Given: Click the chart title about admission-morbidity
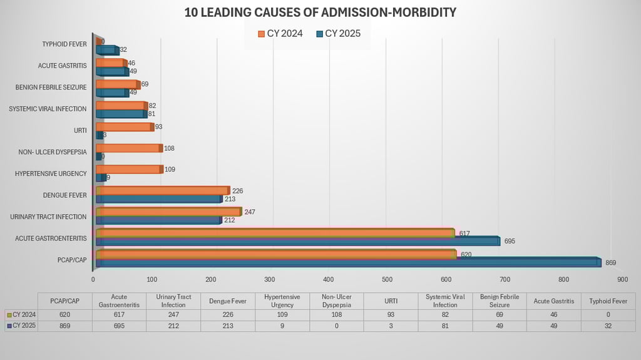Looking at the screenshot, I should tap(320, 13).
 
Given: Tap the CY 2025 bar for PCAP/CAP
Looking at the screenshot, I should tap(348, 263).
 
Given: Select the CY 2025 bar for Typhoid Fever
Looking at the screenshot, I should tap(106, 50).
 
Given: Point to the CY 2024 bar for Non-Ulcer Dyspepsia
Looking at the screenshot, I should tap(128, 148).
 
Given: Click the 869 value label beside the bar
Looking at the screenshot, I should tap(610, 263).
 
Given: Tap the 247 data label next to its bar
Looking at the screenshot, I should tap(249, 212).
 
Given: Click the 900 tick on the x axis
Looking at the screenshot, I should tap(622, 279).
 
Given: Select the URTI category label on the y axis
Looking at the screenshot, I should tap(80, 130).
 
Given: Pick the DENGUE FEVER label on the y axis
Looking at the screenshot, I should tap(65, 195).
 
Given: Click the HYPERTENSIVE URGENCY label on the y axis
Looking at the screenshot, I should tap(51, 173).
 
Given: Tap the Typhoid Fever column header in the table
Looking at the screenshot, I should tap(608, 301).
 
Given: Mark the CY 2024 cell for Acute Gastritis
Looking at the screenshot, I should tap(553, 314).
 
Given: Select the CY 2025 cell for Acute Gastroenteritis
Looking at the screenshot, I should tap(118, 326).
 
